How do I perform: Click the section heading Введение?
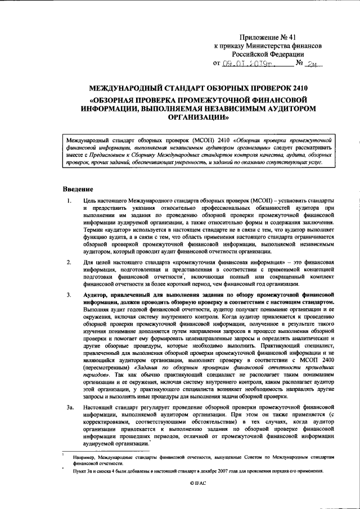click(x=78, y=188)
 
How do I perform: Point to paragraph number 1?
click(x=68, y=201)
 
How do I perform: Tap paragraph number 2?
click(x=68, y=262)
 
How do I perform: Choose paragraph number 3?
click(x=68, y=294)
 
